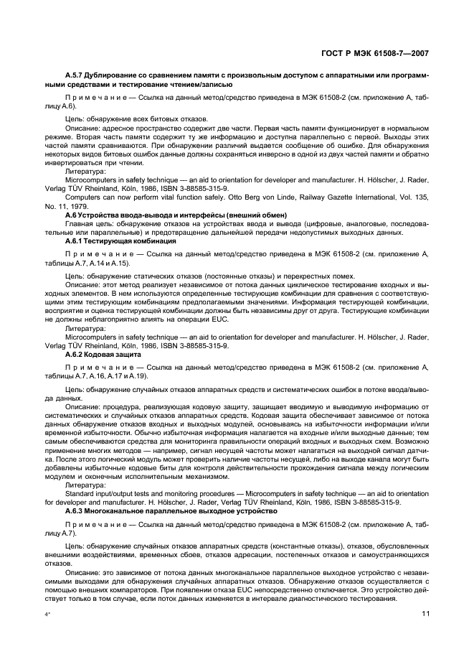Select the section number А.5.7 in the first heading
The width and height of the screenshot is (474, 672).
(75, 74)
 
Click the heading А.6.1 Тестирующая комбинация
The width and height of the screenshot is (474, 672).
(110, 241)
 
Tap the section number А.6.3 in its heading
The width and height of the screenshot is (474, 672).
(75, 512)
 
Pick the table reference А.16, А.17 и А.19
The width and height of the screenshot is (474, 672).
(121, 376)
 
